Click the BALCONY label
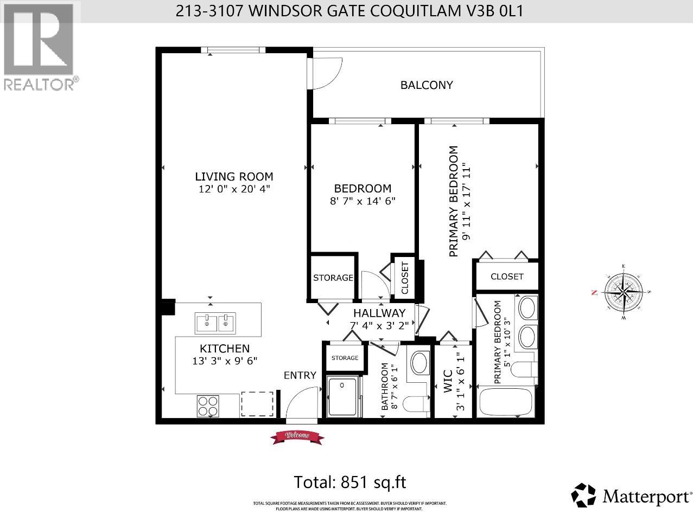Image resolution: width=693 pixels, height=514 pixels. coord(427,85)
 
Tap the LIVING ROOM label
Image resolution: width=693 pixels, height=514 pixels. coord(234,177)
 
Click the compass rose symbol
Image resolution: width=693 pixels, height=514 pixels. coord(625,292)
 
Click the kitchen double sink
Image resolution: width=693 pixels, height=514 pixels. coord(215,324)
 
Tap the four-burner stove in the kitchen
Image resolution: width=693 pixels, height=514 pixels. coord(208,406)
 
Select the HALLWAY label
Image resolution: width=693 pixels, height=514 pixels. coord(379,313)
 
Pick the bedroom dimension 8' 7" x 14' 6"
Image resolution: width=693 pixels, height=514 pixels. coord(363,201)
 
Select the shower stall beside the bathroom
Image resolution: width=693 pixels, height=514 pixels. coord(343,397)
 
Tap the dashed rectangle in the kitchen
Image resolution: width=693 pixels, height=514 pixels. coord(258,404)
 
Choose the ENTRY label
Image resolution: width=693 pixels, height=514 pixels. coord(300,375)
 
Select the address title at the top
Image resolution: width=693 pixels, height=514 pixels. coord(349,11)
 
